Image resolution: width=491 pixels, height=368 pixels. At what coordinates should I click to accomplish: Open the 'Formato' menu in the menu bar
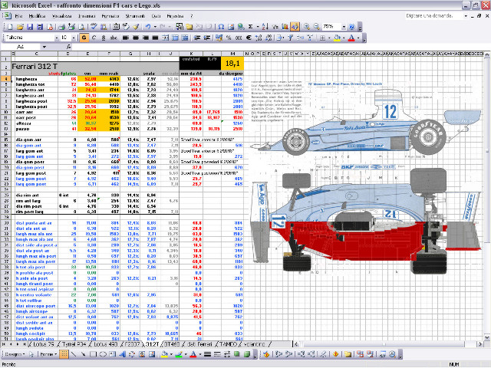107,15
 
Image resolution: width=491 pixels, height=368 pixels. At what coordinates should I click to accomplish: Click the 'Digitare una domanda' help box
426,15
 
